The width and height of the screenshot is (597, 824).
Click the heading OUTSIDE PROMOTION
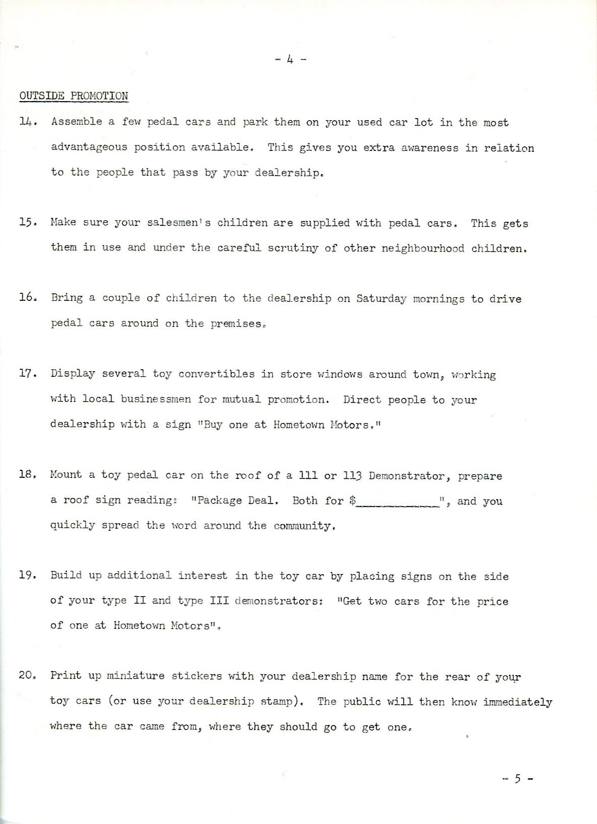(73, 96)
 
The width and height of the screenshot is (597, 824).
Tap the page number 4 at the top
(290, 59)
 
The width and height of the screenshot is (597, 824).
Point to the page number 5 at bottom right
(517, 779)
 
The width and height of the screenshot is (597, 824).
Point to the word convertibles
(216, 374)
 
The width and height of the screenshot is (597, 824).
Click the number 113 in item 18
(352, 475)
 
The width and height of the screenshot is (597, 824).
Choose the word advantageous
(89, 147)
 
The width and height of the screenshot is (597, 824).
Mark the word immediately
(518, 702)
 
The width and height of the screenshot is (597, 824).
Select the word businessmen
(155, 399)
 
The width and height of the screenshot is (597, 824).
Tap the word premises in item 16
(236, 324)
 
